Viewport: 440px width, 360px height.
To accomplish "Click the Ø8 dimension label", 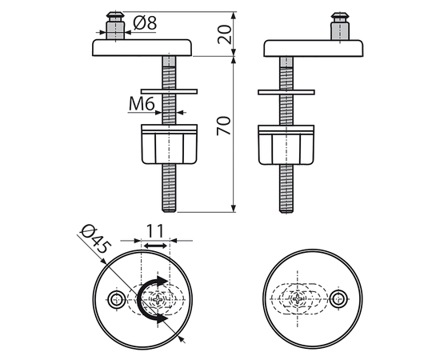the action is pyautogui.click(x=145, y=23).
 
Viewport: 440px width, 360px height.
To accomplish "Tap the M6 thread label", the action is pyautogui.click(x=142, y=104).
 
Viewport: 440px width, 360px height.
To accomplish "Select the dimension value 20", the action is pyautogui.click(x=225, y=34).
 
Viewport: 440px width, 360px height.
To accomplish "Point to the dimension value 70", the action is pyautogui.click(x=224, y=126).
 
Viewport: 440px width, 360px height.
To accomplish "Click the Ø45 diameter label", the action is pyautogui.click(x=96, y=238).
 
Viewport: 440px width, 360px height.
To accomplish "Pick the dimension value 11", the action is pyautogui.click(x=155, y=231).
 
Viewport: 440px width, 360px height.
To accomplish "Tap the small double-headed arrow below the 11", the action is pyautogui.click(x=155, y=246).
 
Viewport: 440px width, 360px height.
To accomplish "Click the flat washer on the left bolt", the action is pyautogui.click(x=170, y=91).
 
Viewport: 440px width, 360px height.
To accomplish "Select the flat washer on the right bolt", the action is pyautogui.click(x=286, y=92).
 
